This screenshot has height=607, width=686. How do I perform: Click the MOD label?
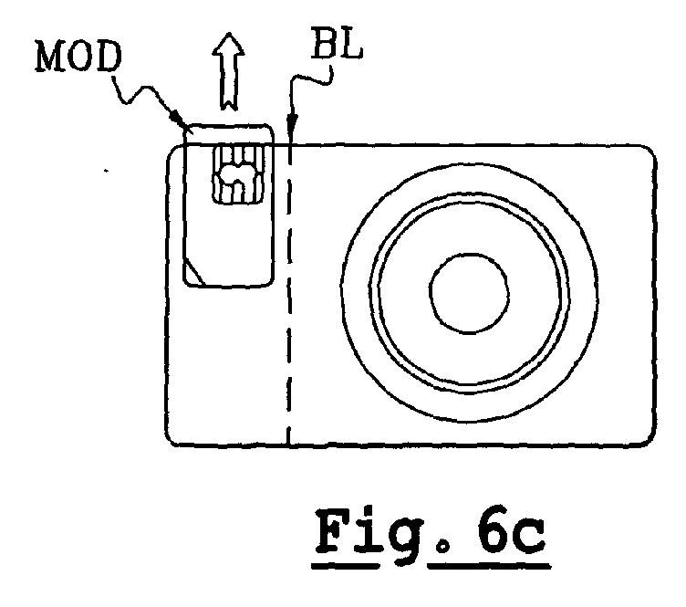78,57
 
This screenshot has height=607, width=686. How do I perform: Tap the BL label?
337,43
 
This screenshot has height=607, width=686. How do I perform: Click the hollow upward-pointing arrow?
228,71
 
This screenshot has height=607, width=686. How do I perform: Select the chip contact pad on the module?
238,174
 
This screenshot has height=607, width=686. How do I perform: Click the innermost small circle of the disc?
469,293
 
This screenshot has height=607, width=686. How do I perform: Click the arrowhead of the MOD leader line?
177,117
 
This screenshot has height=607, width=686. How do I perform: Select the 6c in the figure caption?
511,530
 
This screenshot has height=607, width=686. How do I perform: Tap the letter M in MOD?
49,57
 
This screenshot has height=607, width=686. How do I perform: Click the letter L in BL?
352,44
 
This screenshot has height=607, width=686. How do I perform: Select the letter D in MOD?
109,57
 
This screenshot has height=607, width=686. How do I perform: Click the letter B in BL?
324,43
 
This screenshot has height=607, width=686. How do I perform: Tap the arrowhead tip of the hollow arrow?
228,33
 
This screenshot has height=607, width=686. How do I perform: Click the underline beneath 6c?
489,565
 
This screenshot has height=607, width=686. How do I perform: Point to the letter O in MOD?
79,57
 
